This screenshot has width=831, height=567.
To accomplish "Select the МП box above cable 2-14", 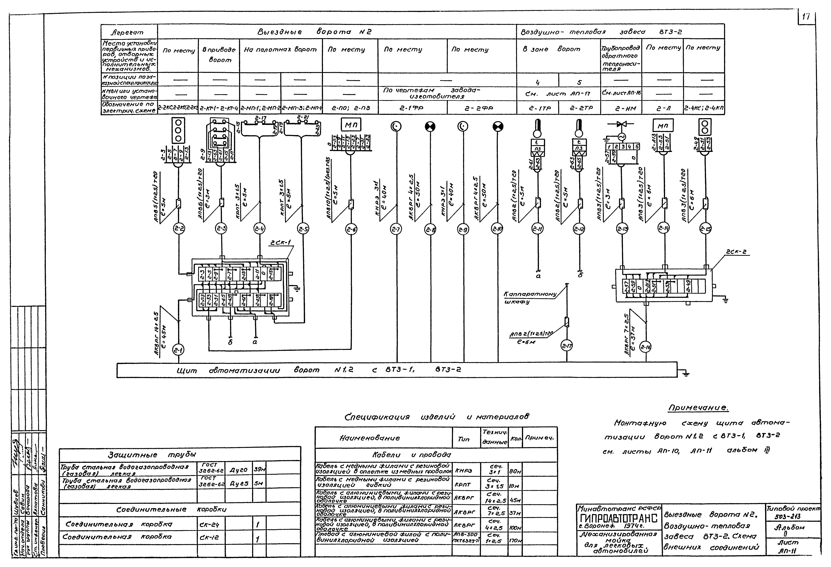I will [x=663, y=126].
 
